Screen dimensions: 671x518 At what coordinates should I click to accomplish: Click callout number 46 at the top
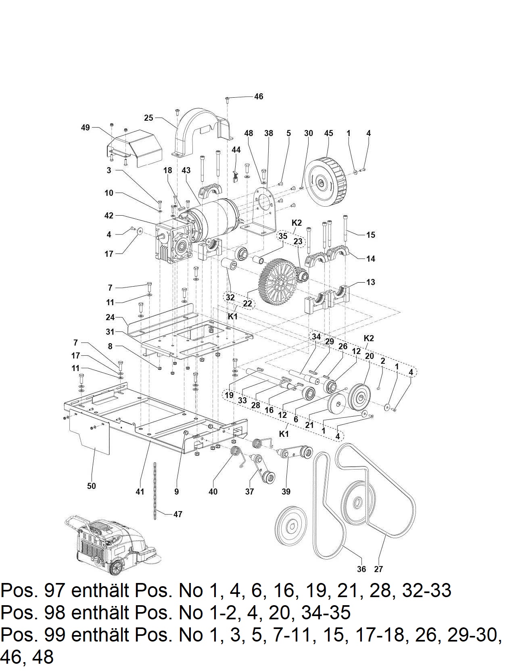(x=259, y=96)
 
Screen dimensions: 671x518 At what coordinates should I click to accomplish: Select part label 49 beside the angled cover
(x=85, y=128)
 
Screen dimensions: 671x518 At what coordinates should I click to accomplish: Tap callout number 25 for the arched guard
(x=148, y=118)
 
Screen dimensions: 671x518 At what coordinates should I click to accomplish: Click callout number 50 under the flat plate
(x=92, y=486)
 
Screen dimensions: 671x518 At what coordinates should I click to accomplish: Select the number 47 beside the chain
(x=178, y=514)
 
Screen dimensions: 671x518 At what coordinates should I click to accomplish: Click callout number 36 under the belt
(x=361, y=569)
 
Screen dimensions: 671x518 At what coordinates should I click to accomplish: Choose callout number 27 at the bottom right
(x=378, y=569)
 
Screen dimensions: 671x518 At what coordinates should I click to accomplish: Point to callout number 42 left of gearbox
(x=109, y=216)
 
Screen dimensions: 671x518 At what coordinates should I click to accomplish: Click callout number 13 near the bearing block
(x=371, y=282)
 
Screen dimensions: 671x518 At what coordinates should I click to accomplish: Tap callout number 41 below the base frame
(x=140, y=491)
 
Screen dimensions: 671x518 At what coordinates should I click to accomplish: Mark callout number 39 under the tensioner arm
(x=286, y=491)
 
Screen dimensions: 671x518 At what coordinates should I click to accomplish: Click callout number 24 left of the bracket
(x=110, y=317)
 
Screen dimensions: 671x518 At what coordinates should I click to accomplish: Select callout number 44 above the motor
(x=236, y=150)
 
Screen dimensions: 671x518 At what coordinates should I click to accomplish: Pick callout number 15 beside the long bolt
(x=371, y=235)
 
